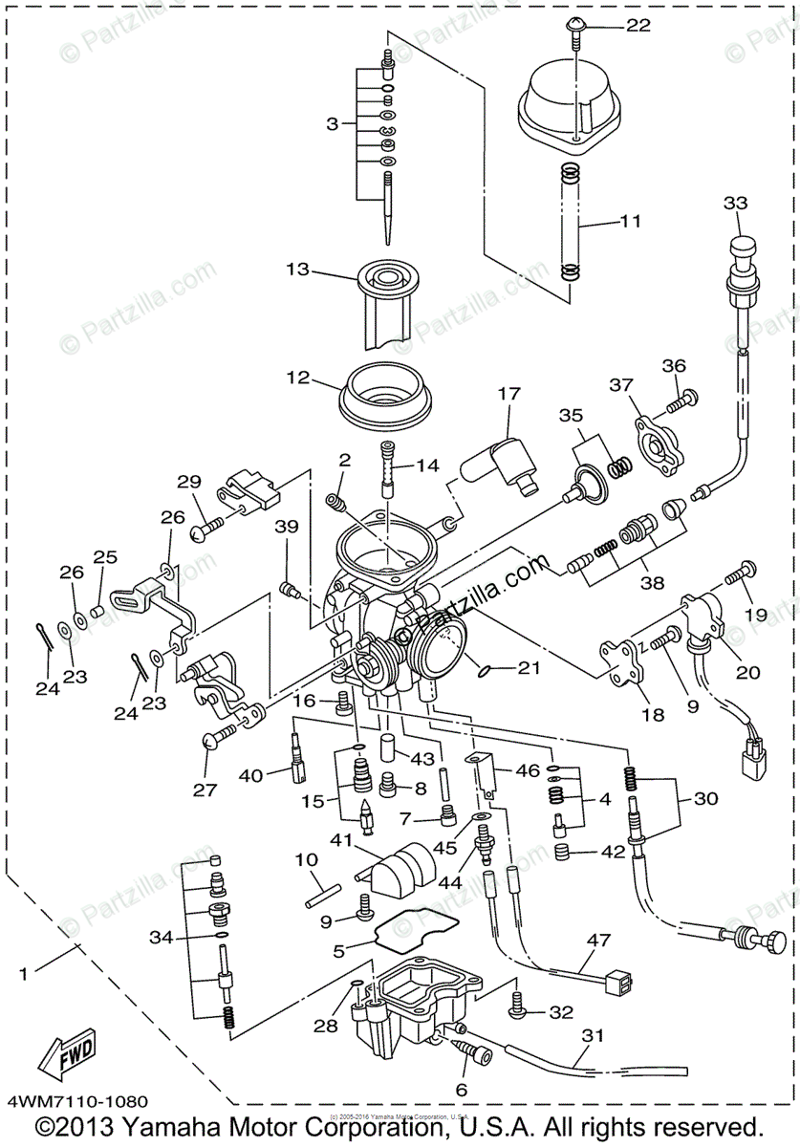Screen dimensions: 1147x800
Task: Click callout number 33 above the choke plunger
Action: [x=736, y=204]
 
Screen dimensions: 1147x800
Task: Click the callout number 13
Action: [x=297, y=270]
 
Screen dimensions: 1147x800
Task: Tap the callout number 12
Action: [x=297, y=378]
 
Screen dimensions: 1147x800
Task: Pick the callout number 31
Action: [x=593, y=1035]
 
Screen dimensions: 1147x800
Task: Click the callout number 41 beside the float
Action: [x=341, y=839]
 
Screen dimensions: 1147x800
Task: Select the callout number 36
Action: [x=675, y=366]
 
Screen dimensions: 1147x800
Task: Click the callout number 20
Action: [x=747, y=672]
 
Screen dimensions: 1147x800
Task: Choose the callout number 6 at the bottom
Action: [x=462, y=1089]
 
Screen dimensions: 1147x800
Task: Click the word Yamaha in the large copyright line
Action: [x=201, y=1125]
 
